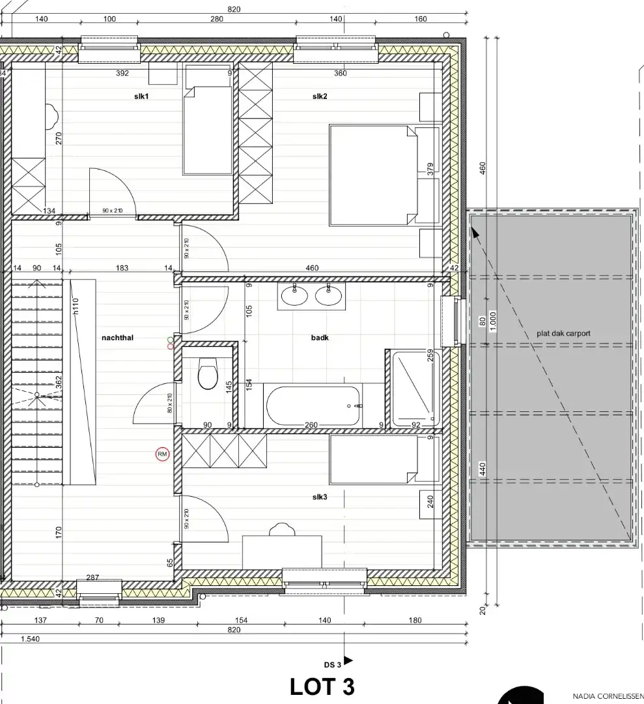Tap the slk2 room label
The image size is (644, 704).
[x=319, y=96]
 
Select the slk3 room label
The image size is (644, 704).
[x=319, y=497]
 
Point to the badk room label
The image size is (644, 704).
[x=319, y=338]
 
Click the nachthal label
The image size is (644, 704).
[x=117, y=338]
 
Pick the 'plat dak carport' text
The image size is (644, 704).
[x=563, y=333]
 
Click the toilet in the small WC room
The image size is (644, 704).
[x=208, y=374]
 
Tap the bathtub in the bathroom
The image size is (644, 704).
[x=313, y=406]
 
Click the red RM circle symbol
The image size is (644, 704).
[x=162, y=454]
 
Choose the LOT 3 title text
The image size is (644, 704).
[x=322, y=686]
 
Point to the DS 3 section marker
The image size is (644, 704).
[x=337, y=664]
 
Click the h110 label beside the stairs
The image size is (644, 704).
[x=76, y=306]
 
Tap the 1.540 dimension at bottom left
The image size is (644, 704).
[x=30, y=639]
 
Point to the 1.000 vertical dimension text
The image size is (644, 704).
[x=493, y=321]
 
